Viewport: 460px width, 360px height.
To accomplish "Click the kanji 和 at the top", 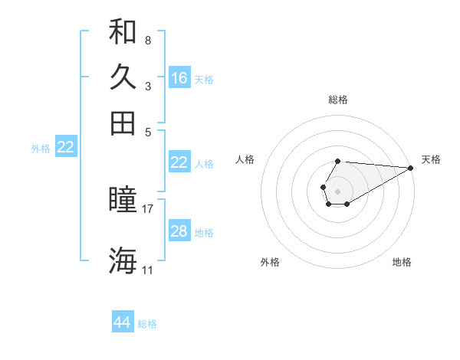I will [123, 32].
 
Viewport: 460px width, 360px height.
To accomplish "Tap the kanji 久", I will [123, 77].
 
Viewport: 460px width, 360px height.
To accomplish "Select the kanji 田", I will [123, 123].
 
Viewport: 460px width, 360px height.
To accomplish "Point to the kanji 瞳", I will [123, 201].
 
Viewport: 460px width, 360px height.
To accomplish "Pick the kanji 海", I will [123, 260].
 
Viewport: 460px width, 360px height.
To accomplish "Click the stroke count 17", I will [149, 208].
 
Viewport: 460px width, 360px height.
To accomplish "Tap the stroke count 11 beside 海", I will [147, 270].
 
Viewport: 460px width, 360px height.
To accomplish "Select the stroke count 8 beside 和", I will [147, 40].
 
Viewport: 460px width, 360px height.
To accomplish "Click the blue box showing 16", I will [179, 78].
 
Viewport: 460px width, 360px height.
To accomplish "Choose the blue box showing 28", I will [179, 231].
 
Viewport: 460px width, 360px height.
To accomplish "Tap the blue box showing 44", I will [123, 322].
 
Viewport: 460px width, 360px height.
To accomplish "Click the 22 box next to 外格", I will [65, 147].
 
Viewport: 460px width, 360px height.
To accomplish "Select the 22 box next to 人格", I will [179, 162].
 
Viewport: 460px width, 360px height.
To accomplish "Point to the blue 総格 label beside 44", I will [147, 324].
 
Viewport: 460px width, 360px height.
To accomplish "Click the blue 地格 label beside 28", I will [204, 233].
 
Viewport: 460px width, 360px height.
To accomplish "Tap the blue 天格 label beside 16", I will [204, 80].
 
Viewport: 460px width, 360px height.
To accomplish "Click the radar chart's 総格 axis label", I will [338, 100].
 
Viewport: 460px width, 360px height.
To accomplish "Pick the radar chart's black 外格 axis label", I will [270, 262].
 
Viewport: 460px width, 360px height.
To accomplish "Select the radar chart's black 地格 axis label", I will [402, 262].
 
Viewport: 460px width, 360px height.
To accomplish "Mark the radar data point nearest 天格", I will [411, 168].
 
